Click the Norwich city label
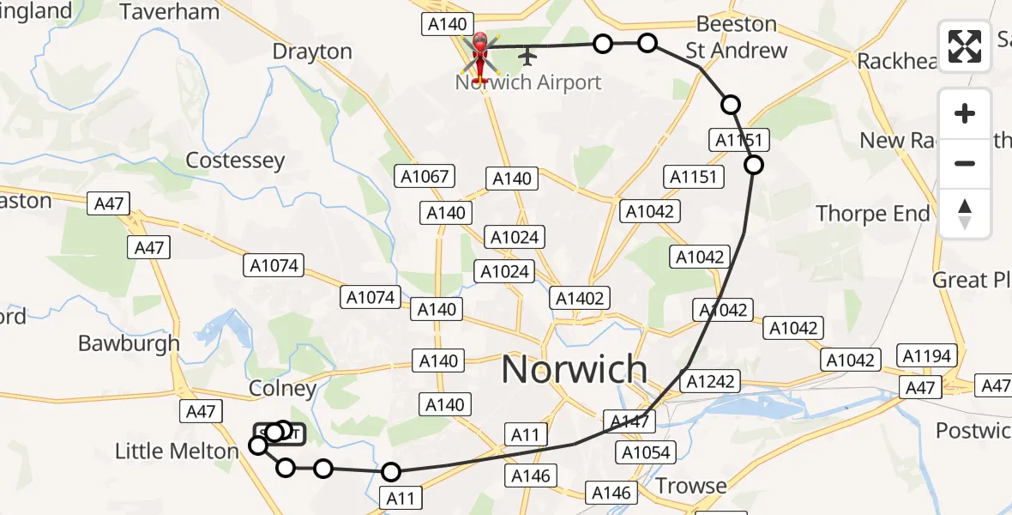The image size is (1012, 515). (574, 369)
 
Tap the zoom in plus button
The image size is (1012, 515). (965, 114)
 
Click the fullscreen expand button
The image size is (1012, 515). (965, 46)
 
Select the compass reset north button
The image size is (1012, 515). (965, 214)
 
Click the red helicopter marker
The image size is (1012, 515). (479, 56)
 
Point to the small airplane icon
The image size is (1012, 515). (527, 57)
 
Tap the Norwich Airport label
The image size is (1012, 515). (528, 83)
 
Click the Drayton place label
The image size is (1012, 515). (312, 51)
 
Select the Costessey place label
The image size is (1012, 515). (235, 161)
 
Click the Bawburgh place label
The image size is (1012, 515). (129, 343)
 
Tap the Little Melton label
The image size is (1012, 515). (177, 451)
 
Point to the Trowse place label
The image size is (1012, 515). (690, 486)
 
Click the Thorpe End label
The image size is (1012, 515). (872, 213)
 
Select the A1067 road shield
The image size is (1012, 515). (425, 177)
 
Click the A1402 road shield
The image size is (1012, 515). (581, 298)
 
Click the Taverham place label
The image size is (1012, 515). (170, 11)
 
